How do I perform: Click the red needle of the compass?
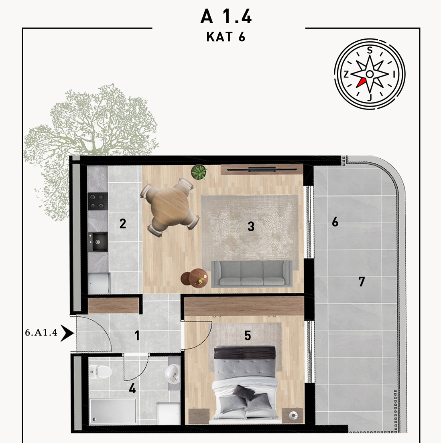(361, 83)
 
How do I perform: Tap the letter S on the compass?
(370, 50)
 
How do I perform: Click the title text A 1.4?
(226, 16)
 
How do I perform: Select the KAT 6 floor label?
(226, 37)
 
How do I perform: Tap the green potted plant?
(199, 172)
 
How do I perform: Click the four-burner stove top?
(98, 201)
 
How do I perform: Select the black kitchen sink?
(98, 242)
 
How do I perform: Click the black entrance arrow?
(67, 333)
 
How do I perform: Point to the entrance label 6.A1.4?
(41, 332)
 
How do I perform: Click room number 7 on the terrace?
(362, 281)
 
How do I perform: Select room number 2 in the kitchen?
(122, 223)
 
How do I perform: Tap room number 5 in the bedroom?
(248, 336)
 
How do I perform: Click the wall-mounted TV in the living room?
(262, 170)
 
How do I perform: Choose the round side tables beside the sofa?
(194, 277)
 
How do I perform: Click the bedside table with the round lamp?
(293, 415)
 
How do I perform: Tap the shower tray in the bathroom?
(113, 411)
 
